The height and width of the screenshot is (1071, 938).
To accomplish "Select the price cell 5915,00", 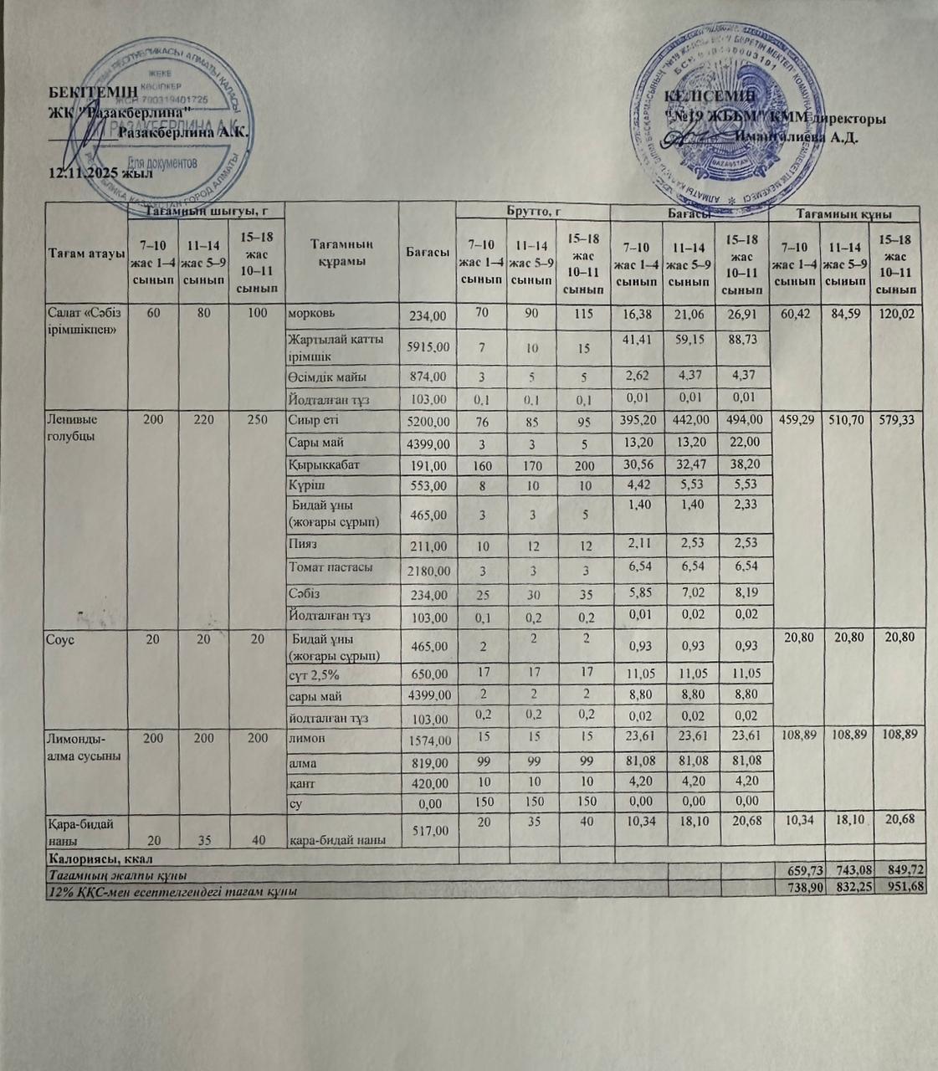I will click(x=428, y=346).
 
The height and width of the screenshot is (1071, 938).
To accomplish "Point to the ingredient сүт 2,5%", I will click(x=314, y=674).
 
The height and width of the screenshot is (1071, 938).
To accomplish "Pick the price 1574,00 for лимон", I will click(x=428, y=740).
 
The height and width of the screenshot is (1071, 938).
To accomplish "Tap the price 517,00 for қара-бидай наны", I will click(x=428, y=830).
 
